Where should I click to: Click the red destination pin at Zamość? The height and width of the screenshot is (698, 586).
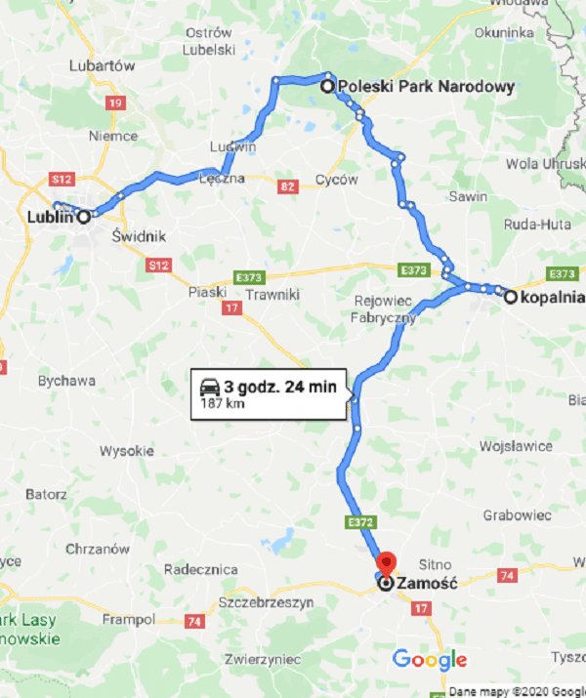point(386,565)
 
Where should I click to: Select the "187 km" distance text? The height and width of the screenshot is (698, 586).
point(217,403)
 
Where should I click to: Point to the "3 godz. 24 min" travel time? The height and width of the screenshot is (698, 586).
point(280,387)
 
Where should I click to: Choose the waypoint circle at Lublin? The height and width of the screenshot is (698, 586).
point(85,217)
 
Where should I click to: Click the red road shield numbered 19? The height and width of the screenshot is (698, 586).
point(116,103)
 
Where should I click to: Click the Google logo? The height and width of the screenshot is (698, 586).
point(429,660)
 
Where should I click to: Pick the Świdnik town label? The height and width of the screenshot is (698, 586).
point(139,236)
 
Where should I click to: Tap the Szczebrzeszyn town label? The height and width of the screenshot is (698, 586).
point(267,603)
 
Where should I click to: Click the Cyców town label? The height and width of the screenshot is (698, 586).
point(337,180)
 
